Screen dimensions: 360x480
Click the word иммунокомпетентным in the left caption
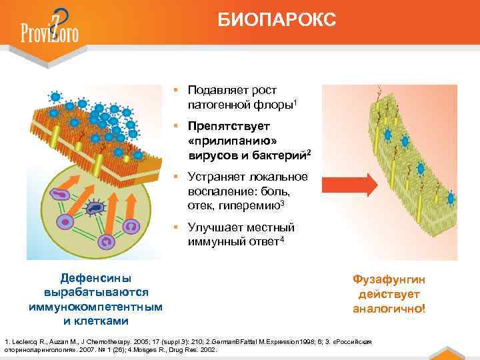click(96, 307)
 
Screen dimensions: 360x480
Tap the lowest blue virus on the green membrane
click(451, 198)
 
